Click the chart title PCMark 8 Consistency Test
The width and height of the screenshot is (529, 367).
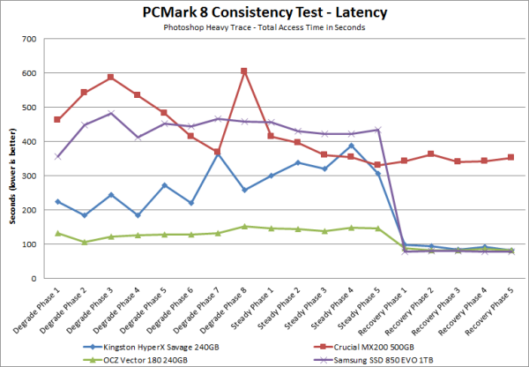click(263, 13)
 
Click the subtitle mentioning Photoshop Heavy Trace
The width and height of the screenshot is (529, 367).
click(263, 28)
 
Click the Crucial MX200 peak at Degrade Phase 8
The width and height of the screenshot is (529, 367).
click(244, 71)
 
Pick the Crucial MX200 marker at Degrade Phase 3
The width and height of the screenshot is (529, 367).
click(111, 77)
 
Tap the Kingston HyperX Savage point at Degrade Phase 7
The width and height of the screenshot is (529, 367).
click(218, 155)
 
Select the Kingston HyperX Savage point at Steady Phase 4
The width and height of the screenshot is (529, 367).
click(351, 146)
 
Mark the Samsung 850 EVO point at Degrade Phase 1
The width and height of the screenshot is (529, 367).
click(57, 156)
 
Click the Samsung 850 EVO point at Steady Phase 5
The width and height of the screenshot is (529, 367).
click(377, 130)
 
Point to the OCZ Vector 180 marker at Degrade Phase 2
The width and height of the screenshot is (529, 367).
click(84, 242)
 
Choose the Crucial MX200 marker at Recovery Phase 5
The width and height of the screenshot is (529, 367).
click(511, 158)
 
